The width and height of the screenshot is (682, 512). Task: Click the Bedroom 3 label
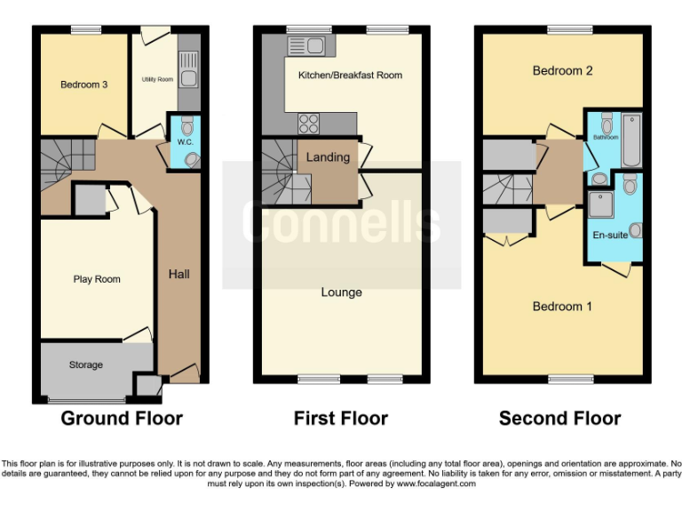(84, 85)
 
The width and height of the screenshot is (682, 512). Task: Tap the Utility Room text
(157, 80)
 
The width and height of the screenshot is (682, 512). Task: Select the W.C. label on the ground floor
(185, 141)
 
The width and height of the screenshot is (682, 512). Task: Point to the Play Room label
(96, 279)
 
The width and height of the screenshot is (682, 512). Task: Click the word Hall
(179, 274)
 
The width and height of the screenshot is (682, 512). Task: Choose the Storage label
(86, 364)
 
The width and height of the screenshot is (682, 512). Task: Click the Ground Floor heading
(121, 418)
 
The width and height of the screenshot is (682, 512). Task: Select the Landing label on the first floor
(328, 157)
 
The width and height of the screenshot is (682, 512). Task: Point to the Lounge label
(341, 292)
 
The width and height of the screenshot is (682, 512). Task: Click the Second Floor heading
(559, 418)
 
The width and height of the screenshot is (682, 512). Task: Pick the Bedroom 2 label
(563, 70)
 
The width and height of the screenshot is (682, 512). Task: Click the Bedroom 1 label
(563, 306)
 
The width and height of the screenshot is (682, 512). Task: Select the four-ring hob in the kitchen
(308, 123)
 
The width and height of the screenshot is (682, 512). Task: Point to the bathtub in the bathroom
(631, 139)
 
